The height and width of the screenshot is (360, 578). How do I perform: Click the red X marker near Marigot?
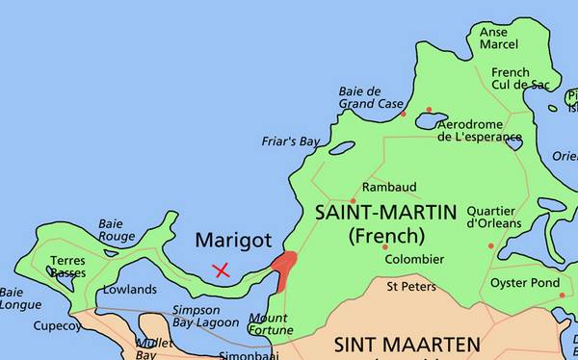pos(222,270)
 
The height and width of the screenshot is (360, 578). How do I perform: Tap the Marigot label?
pos(233,240)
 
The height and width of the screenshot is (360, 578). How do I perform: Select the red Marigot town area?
pos(284,267)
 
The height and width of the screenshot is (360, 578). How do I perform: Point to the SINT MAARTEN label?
pos(407,344)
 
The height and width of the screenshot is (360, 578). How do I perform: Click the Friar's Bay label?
pos(290,141)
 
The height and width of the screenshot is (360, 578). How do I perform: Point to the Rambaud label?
pos(389,187)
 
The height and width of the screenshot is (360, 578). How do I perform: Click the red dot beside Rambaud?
pos(354,200)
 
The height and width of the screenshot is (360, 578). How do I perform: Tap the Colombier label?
pos(414,260)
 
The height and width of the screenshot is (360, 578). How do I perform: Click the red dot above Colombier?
pos(385,247)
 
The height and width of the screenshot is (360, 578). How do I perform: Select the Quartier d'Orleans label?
pos(494,218)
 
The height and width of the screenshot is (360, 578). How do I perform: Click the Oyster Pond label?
pos(525,283)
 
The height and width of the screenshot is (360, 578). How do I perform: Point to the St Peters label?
pos(411,287)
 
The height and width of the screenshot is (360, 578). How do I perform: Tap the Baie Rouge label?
pos(117,230)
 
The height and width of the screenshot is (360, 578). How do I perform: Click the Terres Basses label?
pos(67,267)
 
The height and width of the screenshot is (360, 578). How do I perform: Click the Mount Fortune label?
pos(271,324)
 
